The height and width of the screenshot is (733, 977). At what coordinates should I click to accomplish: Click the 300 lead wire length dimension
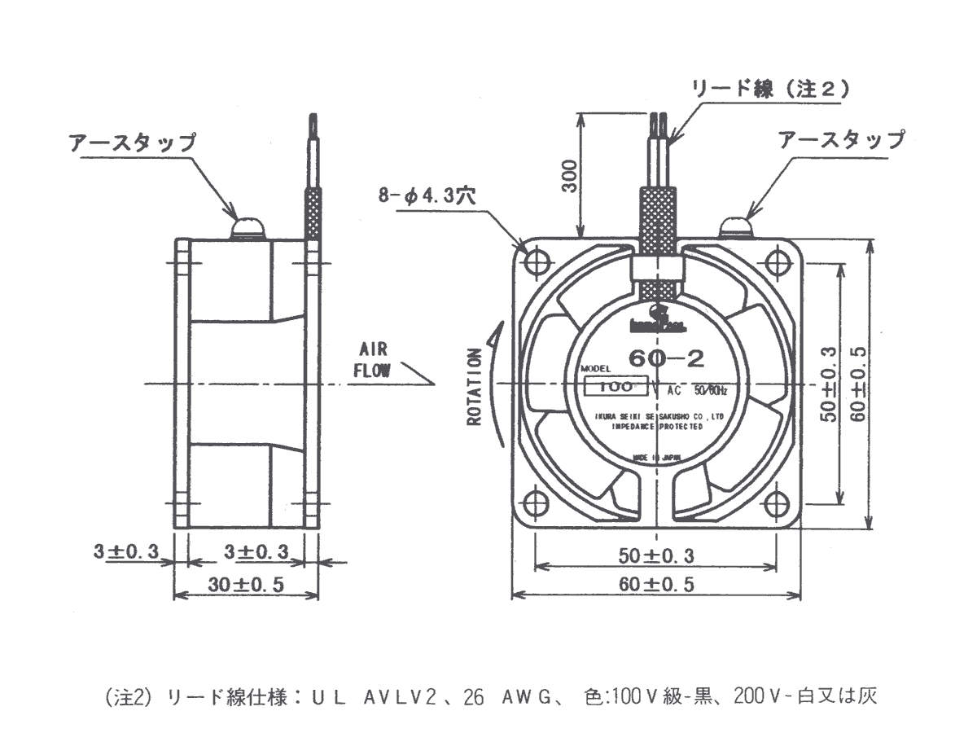(571, 173)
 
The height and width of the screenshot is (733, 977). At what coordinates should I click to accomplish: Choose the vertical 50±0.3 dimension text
(829, 383)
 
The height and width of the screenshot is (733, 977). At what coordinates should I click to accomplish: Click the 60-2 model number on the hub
(661, 356)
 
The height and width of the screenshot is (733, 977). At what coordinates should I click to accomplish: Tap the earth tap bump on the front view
(737, 227)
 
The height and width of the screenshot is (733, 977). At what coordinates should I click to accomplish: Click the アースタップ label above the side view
(133, 143)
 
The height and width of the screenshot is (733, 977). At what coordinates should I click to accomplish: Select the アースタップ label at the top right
(841, 139)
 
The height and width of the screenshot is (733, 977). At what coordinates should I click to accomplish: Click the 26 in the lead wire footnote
(474, 697)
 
